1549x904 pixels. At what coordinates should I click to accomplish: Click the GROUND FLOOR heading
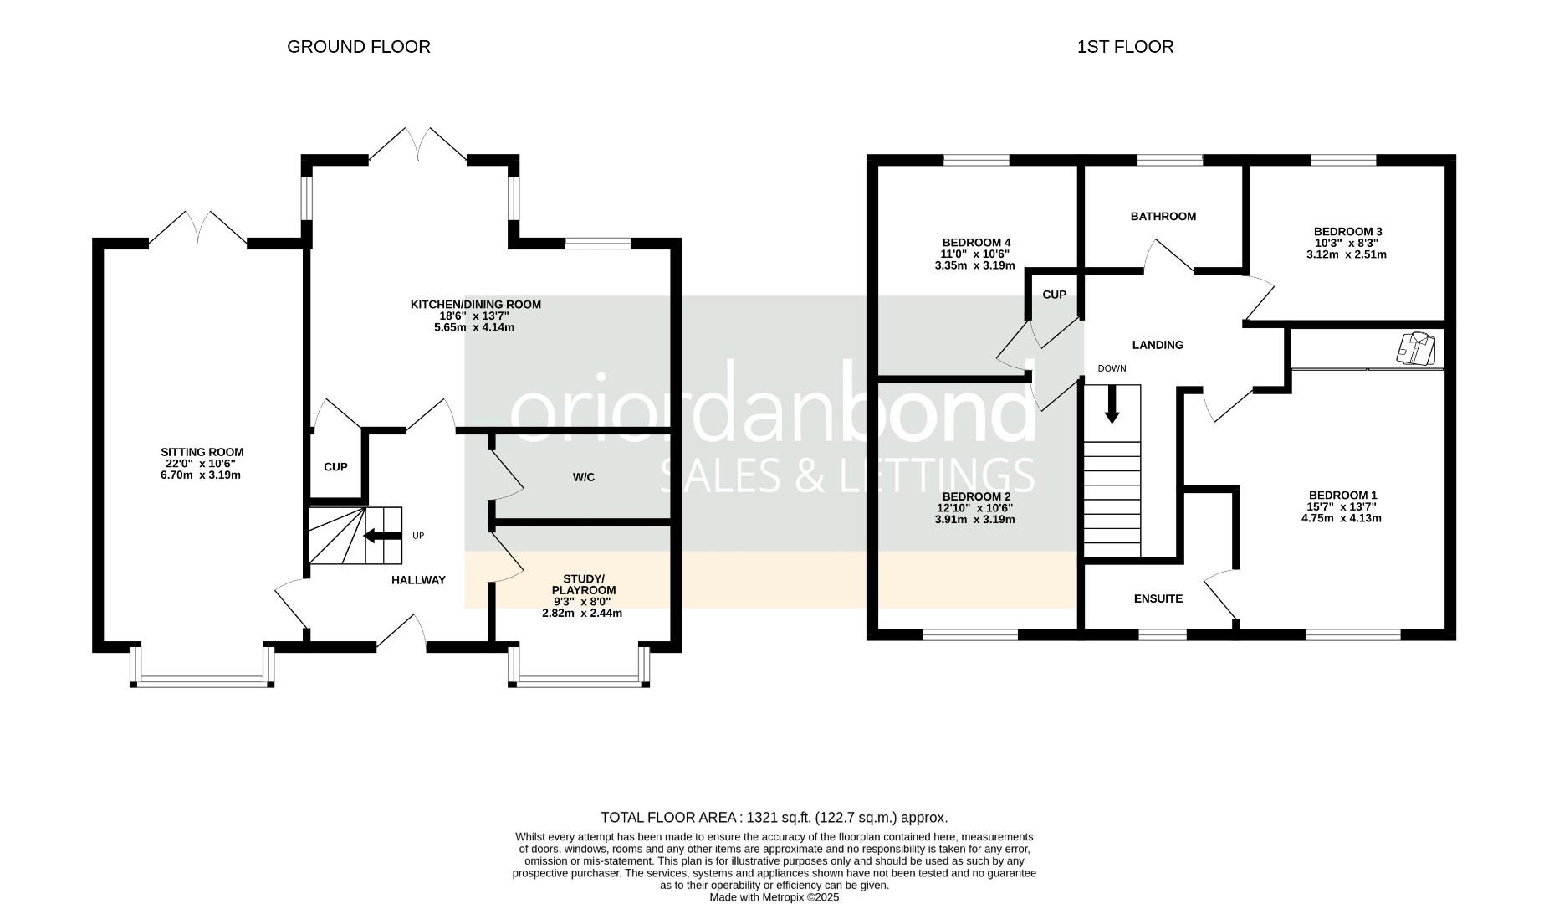(x=358, y=47)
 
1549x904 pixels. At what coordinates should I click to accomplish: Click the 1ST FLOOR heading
(x=1125, y=47)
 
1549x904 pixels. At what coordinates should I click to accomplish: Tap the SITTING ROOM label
(x=204, y=452)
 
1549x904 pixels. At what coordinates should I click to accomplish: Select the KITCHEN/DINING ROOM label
(x=475, y=305)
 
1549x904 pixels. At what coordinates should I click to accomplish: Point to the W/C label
(x=584, y=477)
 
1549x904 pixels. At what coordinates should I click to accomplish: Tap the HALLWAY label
(x=418, y=580)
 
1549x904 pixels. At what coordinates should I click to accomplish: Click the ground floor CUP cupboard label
(x=335, y=467)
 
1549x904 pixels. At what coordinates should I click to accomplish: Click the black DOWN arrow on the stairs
(x=1112, y=404)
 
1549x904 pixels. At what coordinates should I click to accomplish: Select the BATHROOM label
(x=1163, y=217)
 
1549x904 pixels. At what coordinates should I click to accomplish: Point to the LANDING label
(x=1158, y=345)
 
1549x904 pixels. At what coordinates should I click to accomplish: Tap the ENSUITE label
(x=1158, y=598)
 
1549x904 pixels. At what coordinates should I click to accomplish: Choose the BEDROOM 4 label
(x=975, y=244)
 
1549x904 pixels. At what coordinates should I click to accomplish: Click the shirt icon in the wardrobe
(x=1415, y=349)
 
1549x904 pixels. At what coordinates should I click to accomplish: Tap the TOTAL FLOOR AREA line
(x=774, y=818)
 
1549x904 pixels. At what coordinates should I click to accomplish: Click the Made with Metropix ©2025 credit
(x=774, y=897)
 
